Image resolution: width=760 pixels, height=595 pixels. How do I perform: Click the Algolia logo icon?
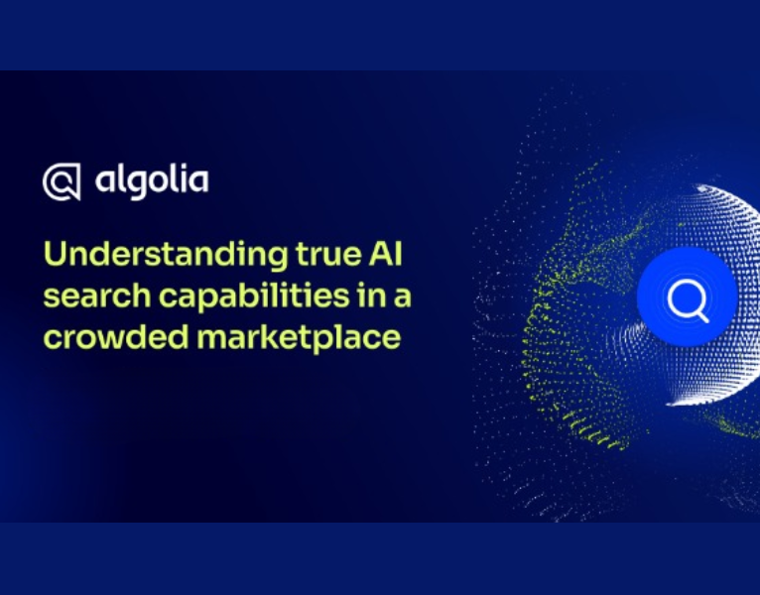point(62,182)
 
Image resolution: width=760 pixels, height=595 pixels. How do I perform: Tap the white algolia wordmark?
point(152,181)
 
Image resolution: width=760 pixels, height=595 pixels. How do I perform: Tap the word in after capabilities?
point(361,296)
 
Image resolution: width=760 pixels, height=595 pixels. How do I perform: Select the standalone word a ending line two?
point(395,297)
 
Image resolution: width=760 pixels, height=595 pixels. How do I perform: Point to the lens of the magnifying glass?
point(684,295)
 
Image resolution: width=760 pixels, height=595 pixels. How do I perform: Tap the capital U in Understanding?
point(54,256)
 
